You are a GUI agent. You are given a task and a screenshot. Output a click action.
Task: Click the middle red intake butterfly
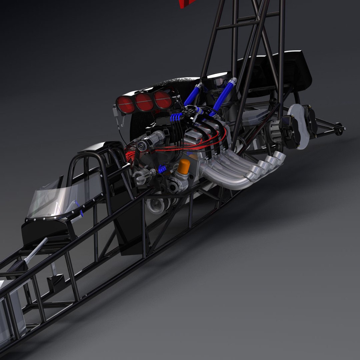pos(144,102)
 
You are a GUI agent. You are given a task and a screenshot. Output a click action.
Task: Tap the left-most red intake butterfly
pos(126,104)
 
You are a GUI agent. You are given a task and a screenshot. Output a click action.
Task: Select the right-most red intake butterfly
pos(163,100)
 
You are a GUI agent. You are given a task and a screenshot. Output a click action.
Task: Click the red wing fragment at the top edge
pos(187,3)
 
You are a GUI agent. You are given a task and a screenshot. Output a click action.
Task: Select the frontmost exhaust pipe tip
pos(256,171)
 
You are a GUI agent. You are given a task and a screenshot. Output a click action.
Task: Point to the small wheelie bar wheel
pos(339,128)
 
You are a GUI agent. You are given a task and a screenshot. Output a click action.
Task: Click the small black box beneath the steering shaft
pos(55,282)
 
